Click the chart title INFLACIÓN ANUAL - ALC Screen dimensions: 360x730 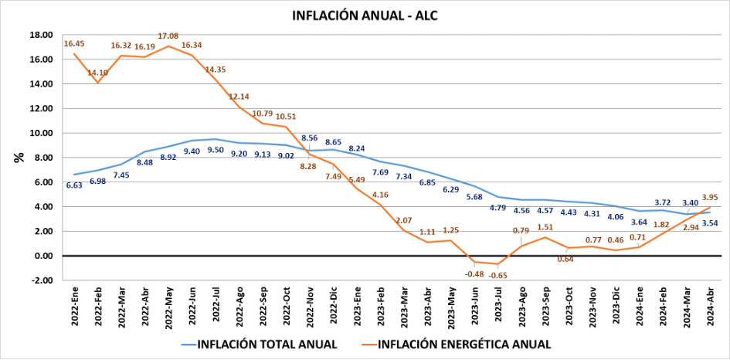pyautogui.click(x=365, y=15)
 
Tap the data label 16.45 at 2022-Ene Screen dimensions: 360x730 pyautogui.click(x=75, y=45)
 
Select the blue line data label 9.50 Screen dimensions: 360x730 pyautogui.click(x=216, y=151)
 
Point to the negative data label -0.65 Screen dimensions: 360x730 pyautogui.click(x=497, y=276)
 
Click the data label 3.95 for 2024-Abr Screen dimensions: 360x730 pyautogui.click(x=710, y=197)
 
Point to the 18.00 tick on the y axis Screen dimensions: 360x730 pyautogui.click(x=42, y=35)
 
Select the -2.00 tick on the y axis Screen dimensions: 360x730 pyautogui.click(x=42, y=280)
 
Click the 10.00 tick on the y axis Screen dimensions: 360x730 pyautogui.click(x=42, y=133)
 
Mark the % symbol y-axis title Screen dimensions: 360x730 pyautogui.click(x=18, y=158)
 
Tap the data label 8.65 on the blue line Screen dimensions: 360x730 pyautogui.click(x=334, y=142)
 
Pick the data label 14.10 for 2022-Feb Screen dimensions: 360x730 pyautogui.click(x=98, y=73)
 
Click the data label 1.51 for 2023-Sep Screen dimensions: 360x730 pyautogui.click(x=545, y=227)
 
